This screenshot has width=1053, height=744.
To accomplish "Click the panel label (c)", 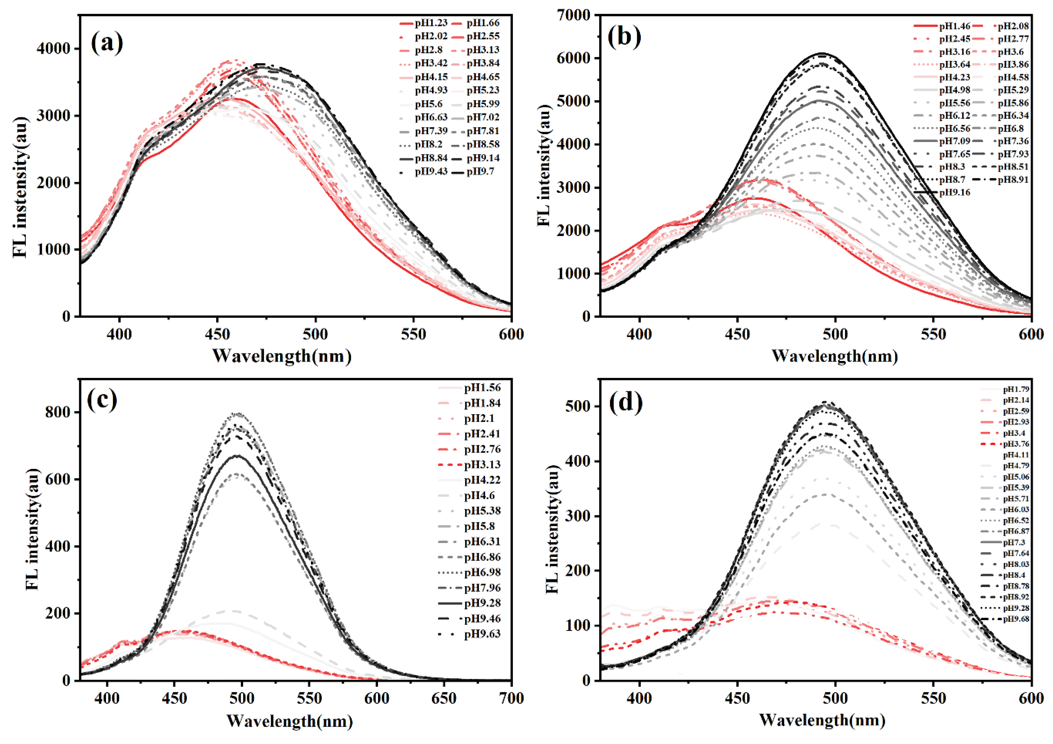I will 102,400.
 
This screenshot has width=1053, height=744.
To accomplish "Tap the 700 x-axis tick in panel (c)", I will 511,698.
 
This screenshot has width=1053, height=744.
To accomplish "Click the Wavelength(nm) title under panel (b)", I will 835,356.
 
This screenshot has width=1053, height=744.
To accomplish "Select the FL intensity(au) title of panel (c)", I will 32,529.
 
